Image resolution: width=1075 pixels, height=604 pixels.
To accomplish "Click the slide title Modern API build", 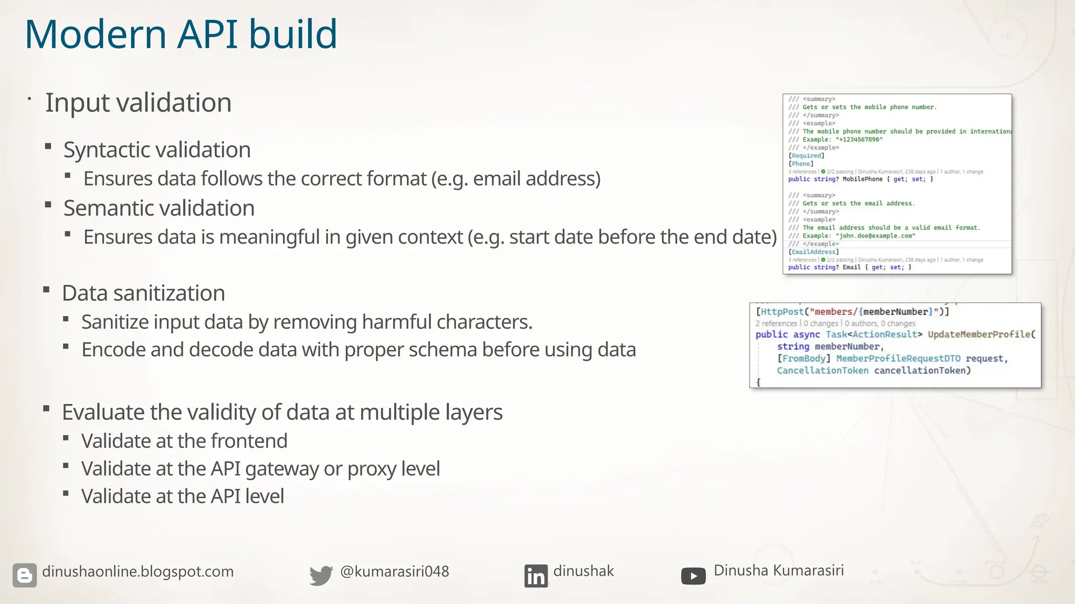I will (181, 35).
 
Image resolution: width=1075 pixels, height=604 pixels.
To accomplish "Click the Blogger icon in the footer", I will (25, 575).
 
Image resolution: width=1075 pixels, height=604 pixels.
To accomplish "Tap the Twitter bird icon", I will (321, 575).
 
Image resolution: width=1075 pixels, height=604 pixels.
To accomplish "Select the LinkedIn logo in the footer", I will (535, 576).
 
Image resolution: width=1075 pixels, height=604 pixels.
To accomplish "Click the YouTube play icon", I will (693, 576).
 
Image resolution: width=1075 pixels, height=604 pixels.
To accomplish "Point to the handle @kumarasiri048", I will (394, 571).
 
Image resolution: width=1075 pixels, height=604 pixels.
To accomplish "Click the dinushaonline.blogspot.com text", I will (138, 571).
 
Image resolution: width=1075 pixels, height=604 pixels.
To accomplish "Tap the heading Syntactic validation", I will (157, 150).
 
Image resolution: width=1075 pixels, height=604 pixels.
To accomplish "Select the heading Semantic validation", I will (159, 208).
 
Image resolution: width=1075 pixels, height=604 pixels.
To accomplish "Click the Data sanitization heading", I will (143, 293).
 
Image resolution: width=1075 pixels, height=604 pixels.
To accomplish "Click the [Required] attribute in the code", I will (806, 156).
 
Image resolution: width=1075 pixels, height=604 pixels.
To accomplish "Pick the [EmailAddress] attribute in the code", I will (814, 252).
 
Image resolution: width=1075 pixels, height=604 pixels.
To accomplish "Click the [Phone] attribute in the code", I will (801, 164).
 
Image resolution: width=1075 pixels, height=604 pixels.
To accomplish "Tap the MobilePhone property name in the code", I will (862, 179).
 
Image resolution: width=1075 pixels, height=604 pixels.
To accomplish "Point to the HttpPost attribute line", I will (852, 312).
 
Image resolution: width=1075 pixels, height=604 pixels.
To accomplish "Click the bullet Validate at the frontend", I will (184, 441).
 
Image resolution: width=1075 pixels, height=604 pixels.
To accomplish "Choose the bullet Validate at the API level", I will (183, 497).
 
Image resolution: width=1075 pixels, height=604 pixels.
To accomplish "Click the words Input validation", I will (138, 103).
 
